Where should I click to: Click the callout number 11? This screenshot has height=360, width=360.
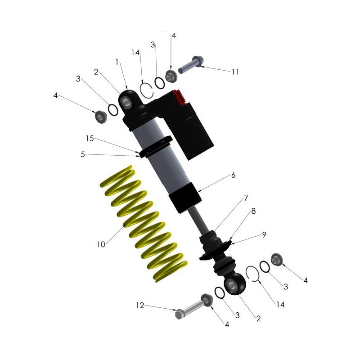(x=235, y=72)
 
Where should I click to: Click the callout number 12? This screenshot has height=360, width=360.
(x=140, y=306)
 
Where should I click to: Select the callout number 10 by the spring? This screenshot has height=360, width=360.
(x=101, y=244)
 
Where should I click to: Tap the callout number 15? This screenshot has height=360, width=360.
(x=90, y=139)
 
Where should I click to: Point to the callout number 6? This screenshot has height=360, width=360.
(x=233, y=175)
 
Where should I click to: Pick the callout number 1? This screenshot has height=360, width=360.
(x=117, y=62)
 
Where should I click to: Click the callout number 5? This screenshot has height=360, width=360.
(x=83, y=154)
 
